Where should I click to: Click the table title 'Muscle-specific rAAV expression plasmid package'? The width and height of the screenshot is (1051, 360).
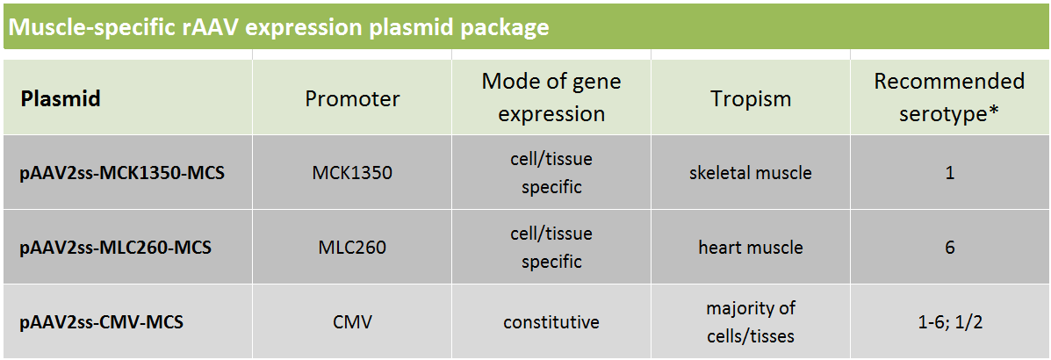[x=279, y=27]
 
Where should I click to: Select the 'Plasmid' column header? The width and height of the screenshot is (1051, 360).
[x=61, y=98]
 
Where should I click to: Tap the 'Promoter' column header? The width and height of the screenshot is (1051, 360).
[x=353, y=98]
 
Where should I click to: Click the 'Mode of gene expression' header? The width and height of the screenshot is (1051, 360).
[x=551, y=97]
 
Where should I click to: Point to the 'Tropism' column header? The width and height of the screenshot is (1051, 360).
[x=751, y=98]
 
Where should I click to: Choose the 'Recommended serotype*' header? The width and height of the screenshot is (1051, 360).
[x=950, y=97]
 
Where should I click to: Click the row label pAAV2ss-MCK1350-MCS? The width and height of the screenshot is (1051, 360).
[x=123, y=173]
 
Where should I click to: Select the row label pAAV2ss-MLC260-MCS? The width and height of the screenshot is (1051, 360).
[x=116, y=248]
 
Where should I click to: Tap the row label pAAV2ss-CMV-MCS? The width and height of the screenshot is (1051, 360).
[x=102, y=322]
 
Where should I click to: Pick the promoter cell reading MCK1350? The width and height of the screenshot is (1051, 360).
[x=352, y=173]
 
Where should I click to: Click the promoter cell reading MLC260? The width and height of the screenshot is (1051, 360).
[x=352, y=248]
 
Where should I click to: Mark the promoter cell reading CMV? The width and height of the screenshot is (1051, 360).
[x=352, y=322]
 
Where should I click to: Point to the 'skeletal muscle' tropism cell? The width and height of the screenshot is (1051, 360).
[x=751, y=173]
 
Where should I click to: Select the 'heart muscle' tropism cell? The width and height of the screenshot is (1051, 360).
[x=751, y=248]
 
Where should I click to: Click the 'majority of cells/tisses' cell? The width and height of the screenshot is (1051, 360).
[x=751, y=321]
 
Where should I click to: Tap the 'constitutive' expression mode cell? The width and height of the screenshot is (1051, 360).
[x=551, y=322]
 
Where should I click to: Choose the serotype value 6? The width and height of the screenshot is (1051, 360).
[x=950, y=248]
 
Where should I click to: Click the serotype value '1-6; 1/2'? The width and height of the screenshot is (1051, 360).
[x=950, y=322]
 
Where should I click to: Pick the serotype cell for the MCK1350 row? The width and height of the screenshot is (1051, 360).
[x=950, y=173]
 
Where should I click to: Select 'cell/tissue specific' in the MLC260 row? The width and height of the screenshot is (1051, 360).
[x=551, y=247]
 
